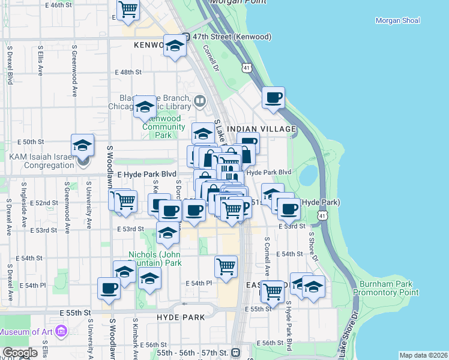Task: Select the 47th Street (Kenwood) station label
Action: pos(231,37)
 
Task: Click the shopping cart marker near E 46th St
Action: pos(128,9)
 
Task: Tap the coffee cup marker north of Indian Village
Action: pos(273,97)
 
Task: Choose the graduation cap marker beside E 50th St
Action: pos(83,145)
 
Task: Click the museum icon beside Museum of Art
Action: pos(61,331)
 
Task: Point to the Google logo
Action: pos(20,353)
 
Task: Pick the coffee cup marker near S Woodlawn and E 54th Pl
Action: pos(109,288)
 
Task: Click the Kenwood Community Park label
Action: pos(163,127)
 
